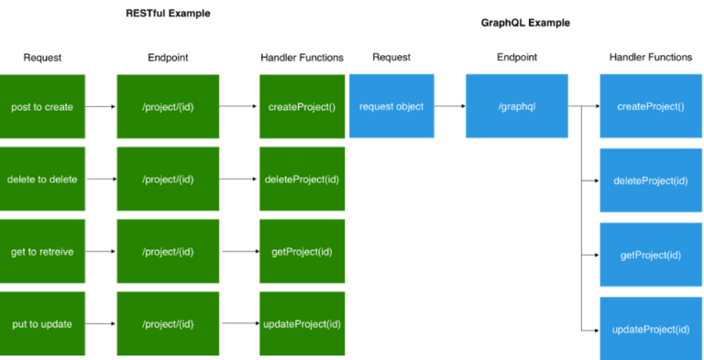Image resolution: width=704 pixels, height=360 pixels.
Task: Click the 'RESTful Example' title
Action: pos(168,14)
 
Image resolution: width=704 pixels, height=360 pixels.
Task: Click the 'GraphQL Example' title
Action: pos(525,23)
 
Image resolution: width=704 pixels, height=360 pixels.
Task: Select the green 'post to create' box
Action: pos(42,106)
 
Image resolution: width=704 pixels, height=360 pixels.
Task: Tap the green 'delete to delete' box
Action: pos(42,179)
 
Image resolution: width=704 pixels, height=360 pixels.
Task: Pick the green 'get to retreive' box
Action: pos(42,251)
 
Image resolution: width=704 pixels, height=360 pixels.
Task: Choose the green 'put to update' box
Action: pos(42,323)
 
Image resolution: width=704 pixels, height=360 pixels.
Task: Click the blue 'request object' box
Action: pos(391,106)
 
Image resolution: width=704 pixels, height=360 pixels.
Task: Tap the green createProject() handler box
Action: pos(302,106)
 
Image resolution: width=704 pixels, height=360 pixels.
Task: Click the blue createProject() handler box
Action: pos(650,106)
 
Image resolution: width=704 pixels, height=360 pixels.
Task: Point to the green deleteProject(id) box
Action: pos(302,179)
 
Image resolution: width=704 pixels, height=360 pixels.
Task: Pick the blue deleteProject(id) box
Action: pos(650,180)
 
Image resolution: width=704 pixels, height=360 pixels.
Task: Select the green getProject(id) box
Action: pos(302,251)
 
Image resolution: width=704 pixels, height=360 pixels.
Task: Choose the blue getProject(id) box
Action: pos(650,255)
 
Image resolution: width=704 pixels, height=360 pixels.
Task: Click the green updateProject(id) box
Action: pos(302,323)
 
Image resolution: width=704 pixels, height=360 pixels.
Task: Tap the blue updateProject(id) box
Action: pos(650,328)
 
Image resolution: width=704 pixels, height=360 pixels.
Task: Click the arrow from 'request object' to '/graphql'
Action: pos(449,106)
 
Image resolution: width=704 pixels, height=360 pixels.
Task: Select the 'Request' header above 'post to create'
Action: pos(42,58)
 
